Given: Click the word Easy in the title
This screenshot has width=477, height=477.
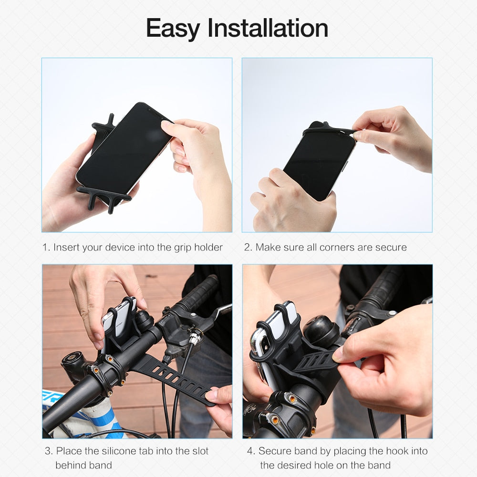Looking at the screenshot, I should pos(173,29).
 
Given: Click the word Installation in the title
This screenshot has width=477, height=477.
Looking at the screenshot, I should pos(268,29).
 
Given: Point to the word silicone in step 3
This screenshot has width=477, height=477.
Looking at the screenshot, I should pos(125,451).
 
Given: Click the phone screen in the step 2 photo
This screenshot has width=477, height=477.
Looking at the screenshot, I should pos(320,162).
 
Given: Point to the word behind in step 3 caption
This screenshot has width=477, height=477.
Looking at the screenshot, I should pos(70,465).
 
